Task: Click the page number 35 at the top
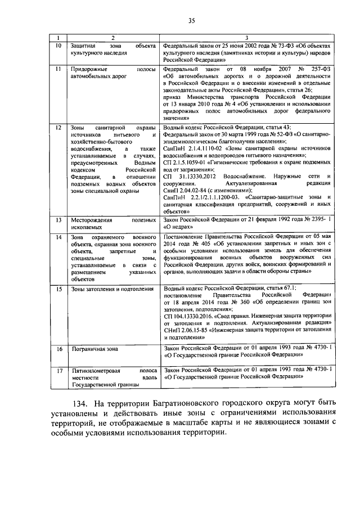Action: click(x=191, y=21)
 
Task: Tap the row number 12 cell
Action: click(x=57, y=128)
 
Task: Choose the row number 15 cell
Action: click(x=57, y=290)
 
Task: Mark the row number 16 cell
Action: click(x=57, y=350)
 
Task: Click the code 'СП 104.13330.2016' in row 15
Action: click(x=188, y=317)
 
